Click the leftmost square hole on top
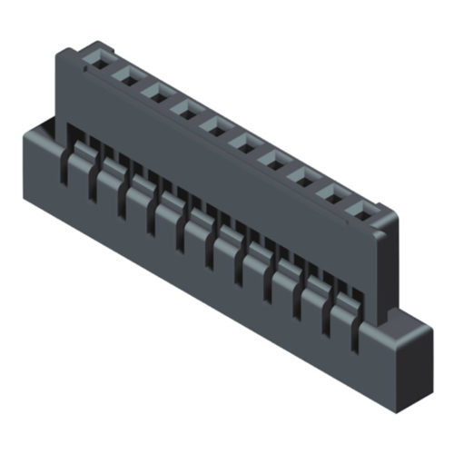point(94,64)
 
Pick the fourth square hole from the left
point(184,111)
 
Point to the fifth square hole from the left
point(214,126)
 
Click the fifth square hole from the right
point(243,143)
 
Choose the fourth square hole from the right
point(272,160)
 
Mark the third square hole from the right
point(302,177)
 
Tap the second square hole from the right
point(332,194)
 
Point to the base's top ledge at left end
point(41,127)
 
